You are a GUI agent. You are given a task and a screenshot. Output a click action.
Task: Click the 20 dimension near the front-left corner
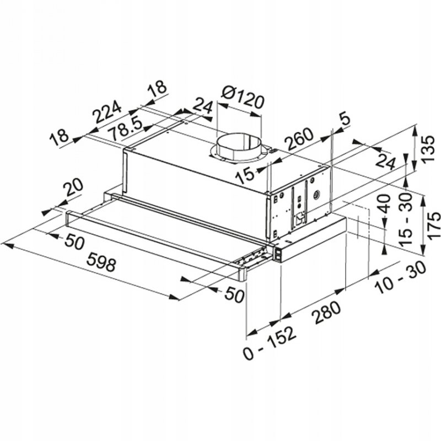click(x=73, y=188)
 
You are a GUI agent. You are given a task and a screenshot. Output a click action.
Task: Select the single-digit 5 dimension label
click(x=345, y=118)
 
